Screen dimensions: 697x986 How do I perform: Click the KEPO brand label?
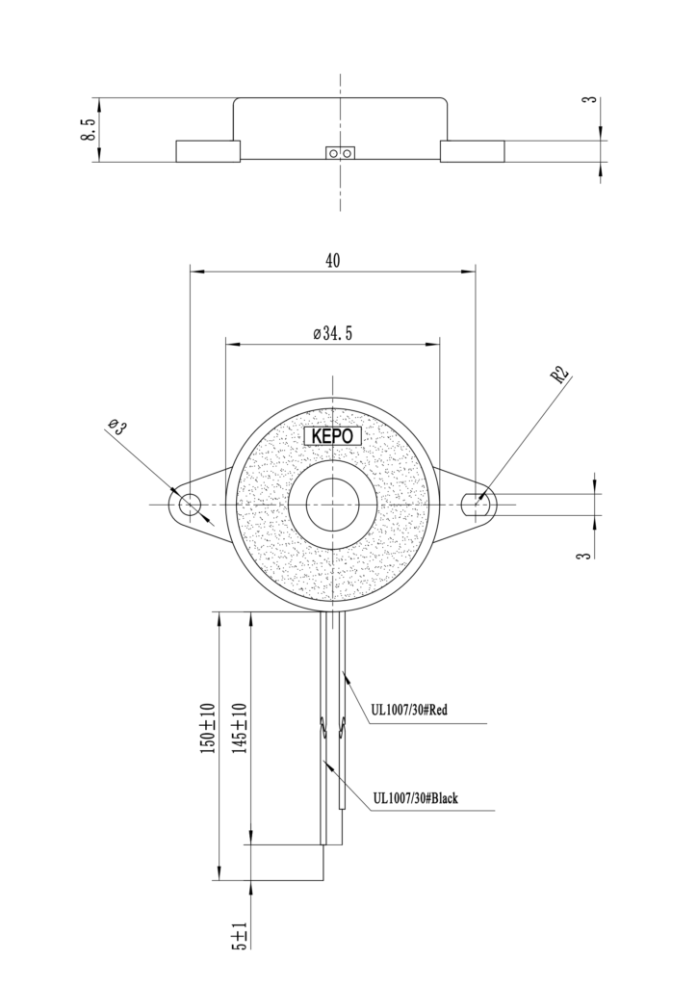332,436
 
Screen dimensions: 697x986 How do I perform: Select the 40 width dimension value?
333,260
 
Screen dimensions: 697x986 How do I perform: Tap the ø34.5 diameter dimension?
332,333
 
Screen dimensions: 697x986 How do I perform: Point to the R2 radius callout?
559,375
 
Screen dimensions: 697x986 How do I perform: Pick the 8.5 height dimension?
88,130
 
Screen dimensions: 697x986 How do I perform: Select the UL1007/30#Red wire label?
409,711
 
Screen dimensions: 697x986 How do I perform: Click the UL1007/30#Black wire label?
416,798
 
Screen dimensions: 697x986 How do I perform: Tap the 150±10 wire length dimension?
208,729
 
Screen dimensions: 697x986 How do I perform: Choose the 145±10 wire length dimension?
241,728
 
